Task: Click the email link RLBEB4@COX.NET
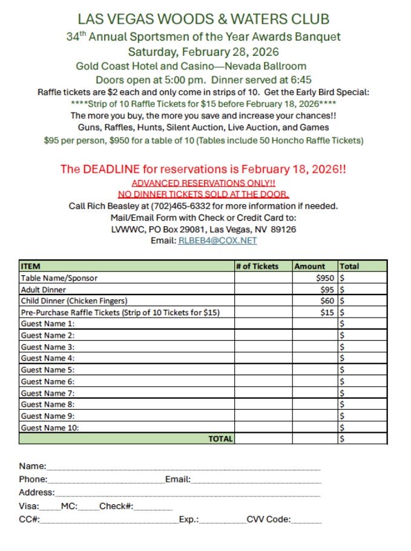[217, 241]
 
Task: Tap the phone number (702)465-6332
[148, 206]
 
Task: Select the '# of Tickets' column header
[257, 266]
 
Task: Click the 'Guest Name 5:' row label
[48, 370]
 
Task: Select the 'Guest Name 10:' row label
[50, 427]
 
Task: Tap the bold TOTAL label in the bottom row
[220, 439]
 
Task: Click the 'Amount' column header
[309, 266]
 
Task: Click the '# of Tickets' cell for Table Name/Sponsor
[263, 278]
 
